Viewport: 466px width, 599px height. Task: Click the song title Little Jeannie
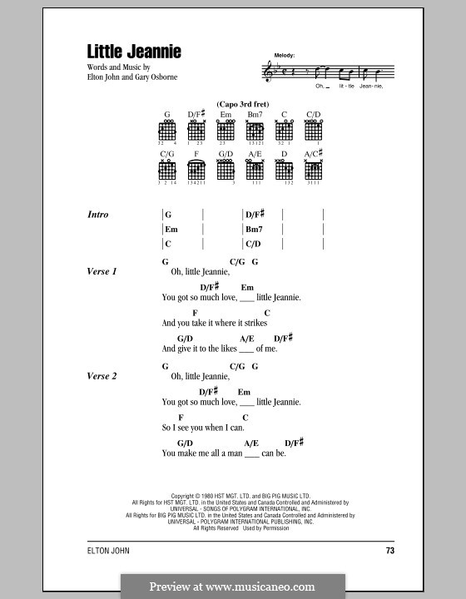point(134,52)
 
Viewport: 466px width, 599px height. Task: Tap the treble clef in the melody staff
point(278,72)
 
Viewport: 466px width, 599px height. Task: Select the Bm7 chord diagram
point(255,131)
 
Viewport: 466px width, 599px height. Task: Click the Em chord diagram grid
point(226,131)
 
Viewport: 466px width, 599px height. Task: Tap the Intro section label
point(98,215)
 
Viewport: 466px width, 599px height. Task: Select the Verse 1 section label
point(102,272)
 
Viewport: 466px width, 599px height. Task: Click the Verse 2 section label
point(102,376)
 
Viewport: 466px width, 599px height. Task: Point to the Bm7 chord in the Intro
point(254,229)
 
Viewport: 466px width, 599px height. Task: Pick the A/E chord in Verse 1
point(247,339)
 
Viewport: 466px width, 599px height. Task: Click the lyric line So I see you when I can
point(203,428)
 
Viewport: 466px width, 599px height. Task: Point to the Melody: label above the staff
point(285,55)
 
